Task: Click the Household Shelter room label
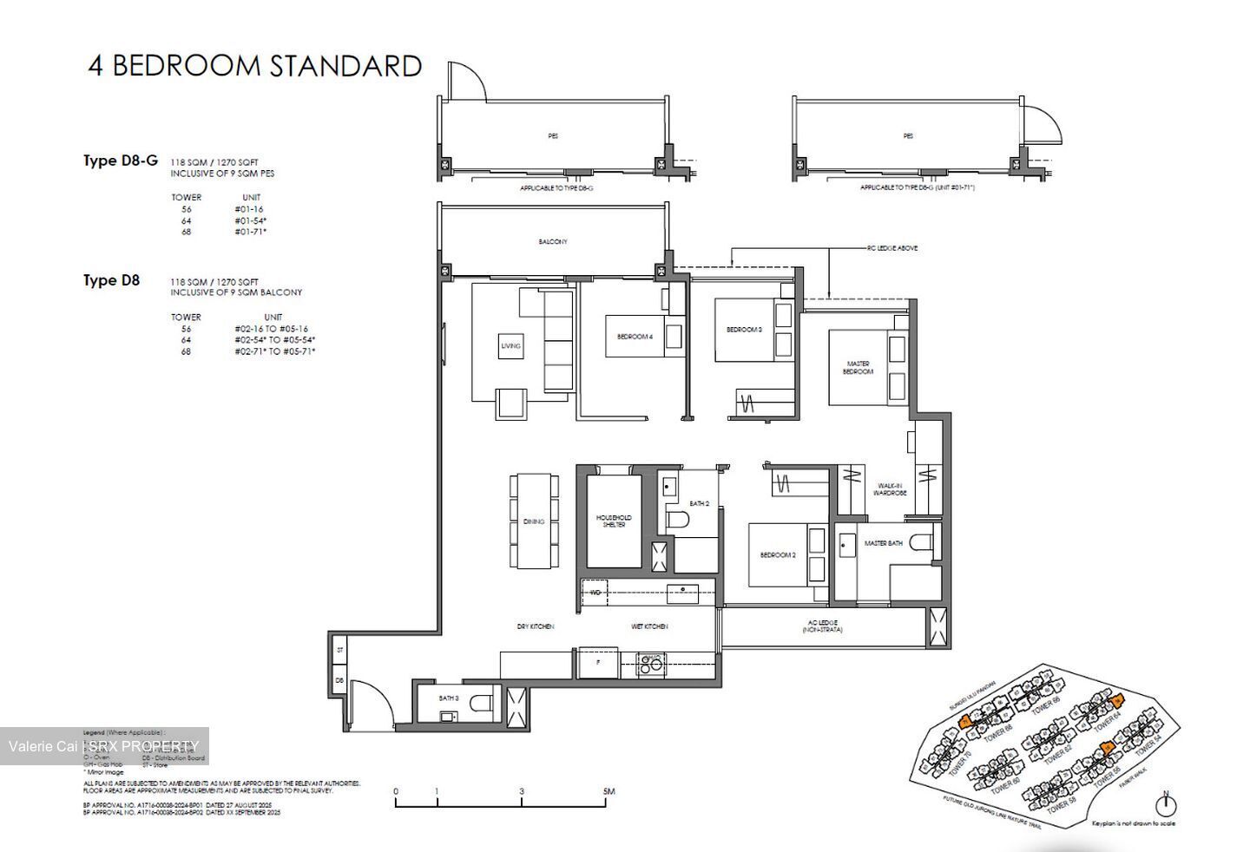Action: click(614, 521)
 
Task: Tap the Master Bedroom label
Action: click(858, 368)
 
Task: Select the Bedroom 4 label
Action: click(635, 337)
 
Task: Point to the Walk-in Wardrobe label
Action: click(891, 489)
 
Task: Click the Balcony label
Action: click(553, 242)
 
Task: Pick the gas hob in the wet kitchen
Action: click(650, 665)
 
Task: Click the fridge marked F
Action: click(597, 663)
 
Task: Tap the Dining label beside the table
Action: click(534, 521)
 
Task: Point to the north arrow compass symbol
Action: click(1166, 803)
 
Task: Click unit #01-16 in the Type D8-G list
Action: click(248, 209)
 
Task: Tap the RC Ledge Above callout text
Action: click(891, 248)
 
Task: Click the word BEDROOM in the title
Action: click(186, 66)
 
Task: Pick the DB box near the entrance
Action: click(339, 681)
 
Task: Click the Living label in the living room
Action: click(510, 346)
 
